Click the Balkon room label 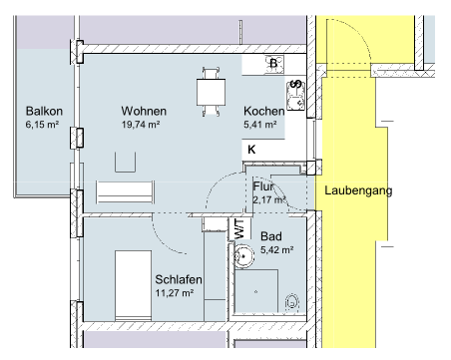[44, 111]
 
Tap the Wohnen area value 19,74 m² [141, 125]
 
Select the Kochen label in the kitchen [264, 111]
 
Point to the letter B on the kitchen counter [273, 63]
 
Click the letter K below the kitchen [251, 150]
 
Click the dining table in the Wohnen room [211, 92]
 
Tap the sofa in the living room [126, 191]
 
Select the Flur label [263, 186]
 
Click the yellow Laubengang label [358, 190]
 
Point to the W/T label [239, 228]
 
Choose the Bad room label [271, 236]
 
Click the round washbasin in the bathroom [243, 256]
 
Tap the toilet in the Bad [292, 303]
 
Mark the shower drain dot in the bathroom [255, 292]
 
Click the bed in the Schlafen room [133, 285]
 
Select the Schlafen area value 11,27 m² [175, 293]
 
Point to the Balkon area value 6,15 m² [42, 125]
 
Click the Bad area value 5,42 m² [277, 249]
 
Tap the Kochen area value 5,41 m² [260, 125]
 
